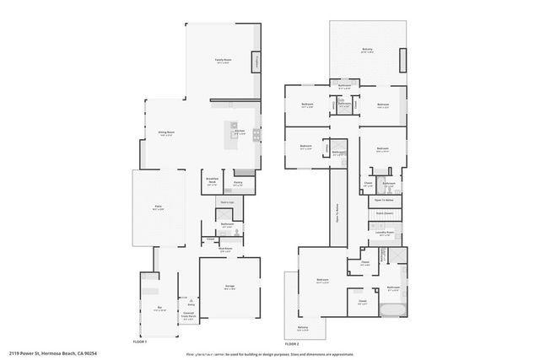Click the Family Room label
click(223, 61)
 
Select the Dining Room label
click(166, 133)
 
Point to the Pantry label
click(238, 183)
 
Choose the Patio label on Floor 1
click(157, 207)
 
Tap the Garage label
click(229, 287)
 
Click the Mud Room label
click(226, 250)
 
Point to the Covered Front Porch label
click(189, 315)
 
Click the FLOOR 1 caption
click(140, 341)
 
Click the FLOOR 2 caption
click(291, 344)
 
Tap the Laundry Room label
click(385, 233)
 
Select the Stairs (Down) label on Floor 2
click(385, 214)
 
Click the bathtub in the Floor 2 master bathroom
click(391, 311)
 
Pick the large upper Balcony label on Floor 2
click(367, 50)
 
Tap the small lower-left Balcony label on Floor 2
click(303, 329)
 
